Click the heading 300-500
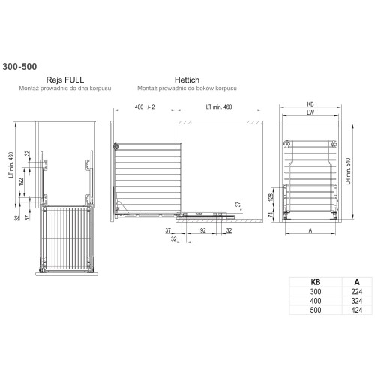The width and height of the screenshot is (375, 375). point(19,67)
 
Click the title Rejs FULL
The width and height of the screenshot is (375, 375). point(65,79)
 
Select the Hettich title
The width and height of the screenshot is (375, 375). point(187,79)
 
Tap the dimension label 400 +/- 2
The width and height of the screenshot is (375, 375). point(145,106)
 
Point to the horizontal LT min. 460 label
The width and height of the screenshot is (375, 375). point(219,106)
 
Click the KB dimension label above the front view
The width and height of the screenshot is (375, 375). point(310,104)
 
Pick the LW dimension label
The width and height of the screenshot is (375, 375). point(310,112)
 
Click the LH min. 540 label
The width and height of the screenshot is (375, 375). point(349,171)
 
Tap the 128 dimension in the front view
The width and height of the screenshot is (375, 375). point(271,197)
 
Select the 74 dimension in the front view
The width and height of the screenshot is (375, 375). point(271,214)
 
